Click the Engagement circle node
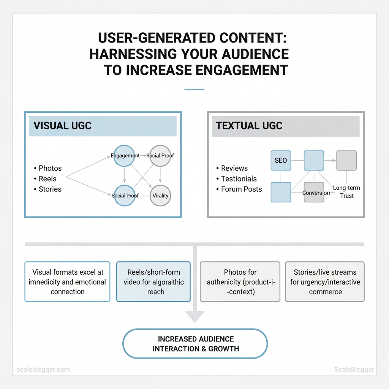(x=125, y=156)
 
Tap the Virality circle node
(x=160, y=196)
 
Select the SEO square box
(x=280, y=160)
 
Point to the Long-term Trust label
(x=346, y=192)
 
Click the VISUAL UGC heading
(x=63, y=126)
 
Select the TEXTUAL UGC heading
(x=249, y=126)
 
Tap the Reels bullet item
(x=47, y=179)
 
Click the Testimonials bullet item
(x=239, y=179)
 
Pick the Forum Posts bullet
(x=241, y=189)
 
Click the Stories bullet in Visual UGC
(x=50, y=189)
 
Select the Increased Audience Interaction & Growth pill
(x=195, y=343)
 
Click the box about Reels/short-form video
(x=153, y=281)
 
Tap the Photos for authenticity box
(x=240, y=281)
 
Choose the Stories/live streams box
(x=325, y=281)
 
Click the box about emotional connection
(x=67, y=281)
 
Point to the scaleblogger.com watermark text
(x=43, y=369)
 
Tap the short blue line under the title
(x=194, y=89)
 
